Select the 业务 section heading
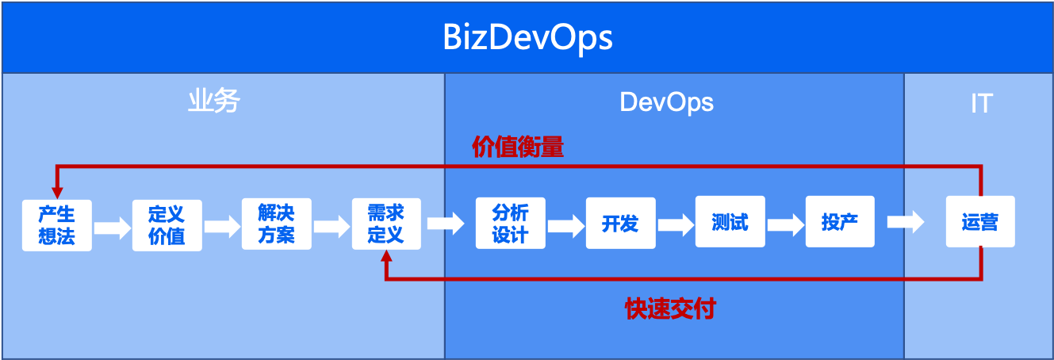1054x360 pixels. [x=213, y=101]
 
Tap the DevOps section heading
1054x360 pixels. [x=666, y=102]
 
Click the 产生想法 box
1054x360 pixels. [x=57, y=224]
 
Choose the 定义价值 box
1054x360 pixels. [x=167, y=224]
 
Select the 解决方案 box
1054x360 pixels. [x=276, y=224]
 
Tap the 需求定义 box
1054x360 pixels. [x=386, y=224]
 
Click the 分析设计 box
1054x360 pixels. [x=510, y=224]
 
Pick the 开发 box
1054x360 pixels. [x=620, y=224]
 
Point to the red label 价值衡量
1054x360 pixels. [x=518, y=147]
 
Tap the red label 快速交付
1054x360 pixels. [x=670, y=308]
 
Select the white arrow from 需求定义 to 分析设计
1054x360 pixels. [x=446, y=223]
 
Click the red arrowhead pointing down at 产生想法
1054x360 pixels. [x=56, y=192]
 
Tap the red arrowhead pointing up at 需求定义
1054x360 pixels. [x=386, y=257]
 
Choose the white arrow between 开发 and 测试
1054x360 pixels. [x=675, y=223]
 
